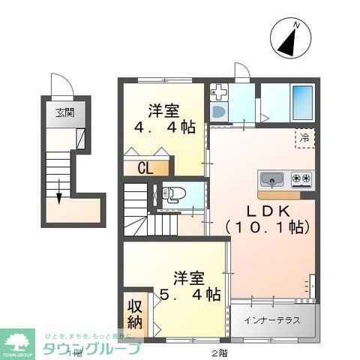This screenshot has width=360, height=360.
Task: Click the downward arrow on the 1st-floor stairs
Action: coord(58,193)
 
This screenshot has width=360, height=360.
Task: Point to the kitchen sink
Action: coord(271,180)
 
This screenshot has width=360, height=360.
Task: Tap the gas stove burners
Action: coord(301,180)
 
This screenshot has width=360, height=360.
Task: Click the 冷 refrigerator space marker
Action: coord(304,138)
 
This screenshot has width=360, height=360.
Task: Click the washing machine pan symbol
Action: coord(220,93)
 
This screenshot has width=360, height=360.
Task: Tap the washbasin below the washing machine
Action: coord(218,112)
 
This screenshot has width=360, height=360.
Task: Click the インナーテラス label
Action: coord(271,320)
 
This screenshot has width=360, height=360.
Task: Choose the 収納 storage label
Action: coord(134,314)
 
